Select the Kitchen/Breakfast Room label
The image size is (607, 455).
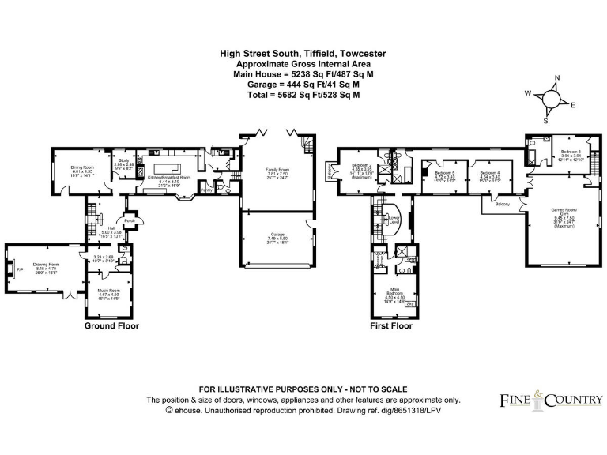pyautogui.click(x=169, y=178)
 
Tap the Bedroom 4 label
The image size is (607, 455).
pyautogui.click(x=489, y=172)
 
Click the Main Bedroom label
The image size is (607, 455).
pyautogui.click(x=395, y=292)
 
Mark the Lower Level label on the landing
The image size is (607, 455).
pyautogui.click(x=394, y=219)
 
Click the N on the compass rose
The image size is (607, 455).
pyautogui.click(x=556, y=77)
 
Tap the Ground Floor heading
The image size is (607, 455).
pyautogui.click(x=111, y=325)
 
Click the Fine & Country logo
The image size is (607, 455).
pyautogui.click(x=550, y=400)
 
